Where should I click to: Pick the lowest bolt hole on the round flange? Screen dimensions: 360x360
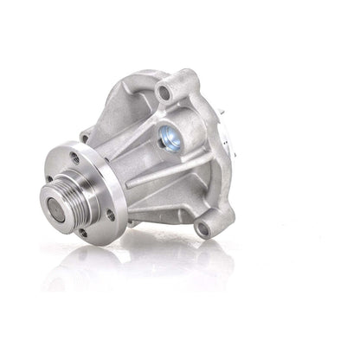[82, 233]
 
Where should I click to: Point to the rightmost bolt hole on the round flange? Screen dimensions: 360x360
[111, 215]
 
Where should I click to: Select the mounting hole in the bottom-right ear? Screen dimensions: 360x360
[203, 228]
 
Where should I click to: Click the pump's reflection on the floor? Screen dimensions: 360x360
[130, 268]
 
